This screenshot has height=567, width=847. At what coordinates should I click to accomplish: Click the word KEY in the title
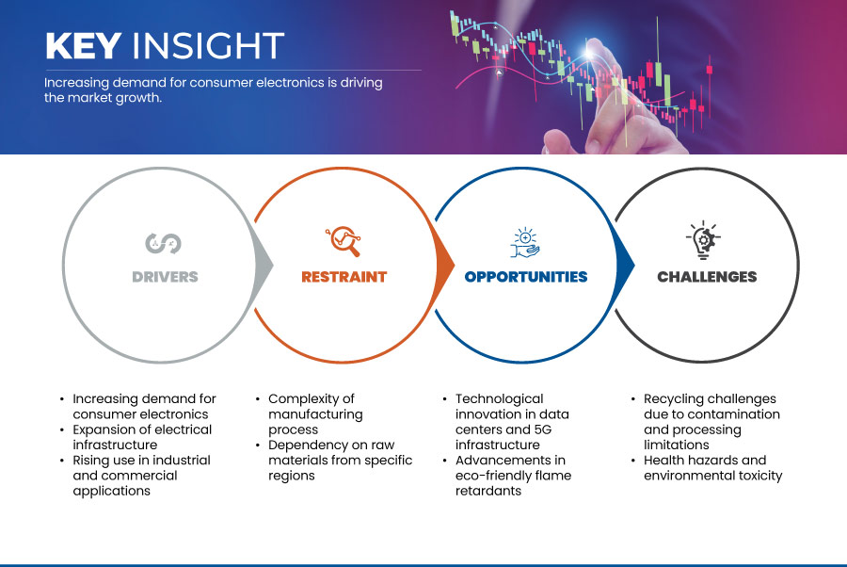coord(83,45)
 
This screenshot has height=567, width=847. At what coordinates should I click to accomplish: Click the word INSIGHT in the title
coord(209,45)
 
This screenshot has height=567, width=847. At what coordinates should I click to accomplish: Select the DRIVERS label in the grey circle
coord(166,277)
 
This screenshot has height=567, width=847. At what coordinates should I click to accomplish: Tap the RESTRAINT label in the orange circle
coord(344,277)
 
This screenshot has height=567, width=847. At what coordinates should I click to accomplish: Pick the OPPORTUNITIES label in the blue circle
coord(525,277)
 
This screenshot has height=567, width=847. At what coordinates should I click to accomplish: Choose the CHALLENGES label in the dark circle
coord(707,277)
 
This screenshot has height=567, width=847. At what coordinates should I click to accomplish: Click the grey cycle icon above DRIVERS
coord(163,243)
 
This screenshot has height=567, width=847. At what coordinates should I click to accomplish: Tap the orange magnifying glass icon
coord(344,241)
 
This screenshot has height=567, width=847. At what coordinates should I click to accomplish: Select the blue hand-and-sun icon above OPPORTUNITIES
coord(525,243)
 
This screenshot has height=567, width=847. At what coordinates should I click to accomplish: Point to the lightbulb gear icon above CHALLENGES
coord(703,240)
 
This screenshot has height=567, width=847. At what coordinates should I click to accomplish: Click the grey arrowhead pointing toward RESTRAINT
coord(264,265)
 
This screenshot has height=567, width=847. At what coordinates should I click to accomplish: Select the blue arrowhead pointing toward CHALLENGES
coord(625,265)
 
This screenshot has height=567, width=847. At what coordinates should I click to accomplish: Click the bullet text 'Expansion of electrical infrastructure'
coord(142,437)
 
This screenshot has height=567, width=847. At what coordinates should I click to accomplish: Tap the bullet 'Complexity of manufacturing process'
coord(315,414)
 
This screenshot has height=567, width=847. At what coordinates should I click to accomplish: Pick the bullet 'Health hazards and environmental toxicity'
coord(713,467)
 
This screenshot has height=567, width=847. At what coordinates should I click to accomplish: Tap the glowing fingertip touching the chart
coord(590,52)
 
